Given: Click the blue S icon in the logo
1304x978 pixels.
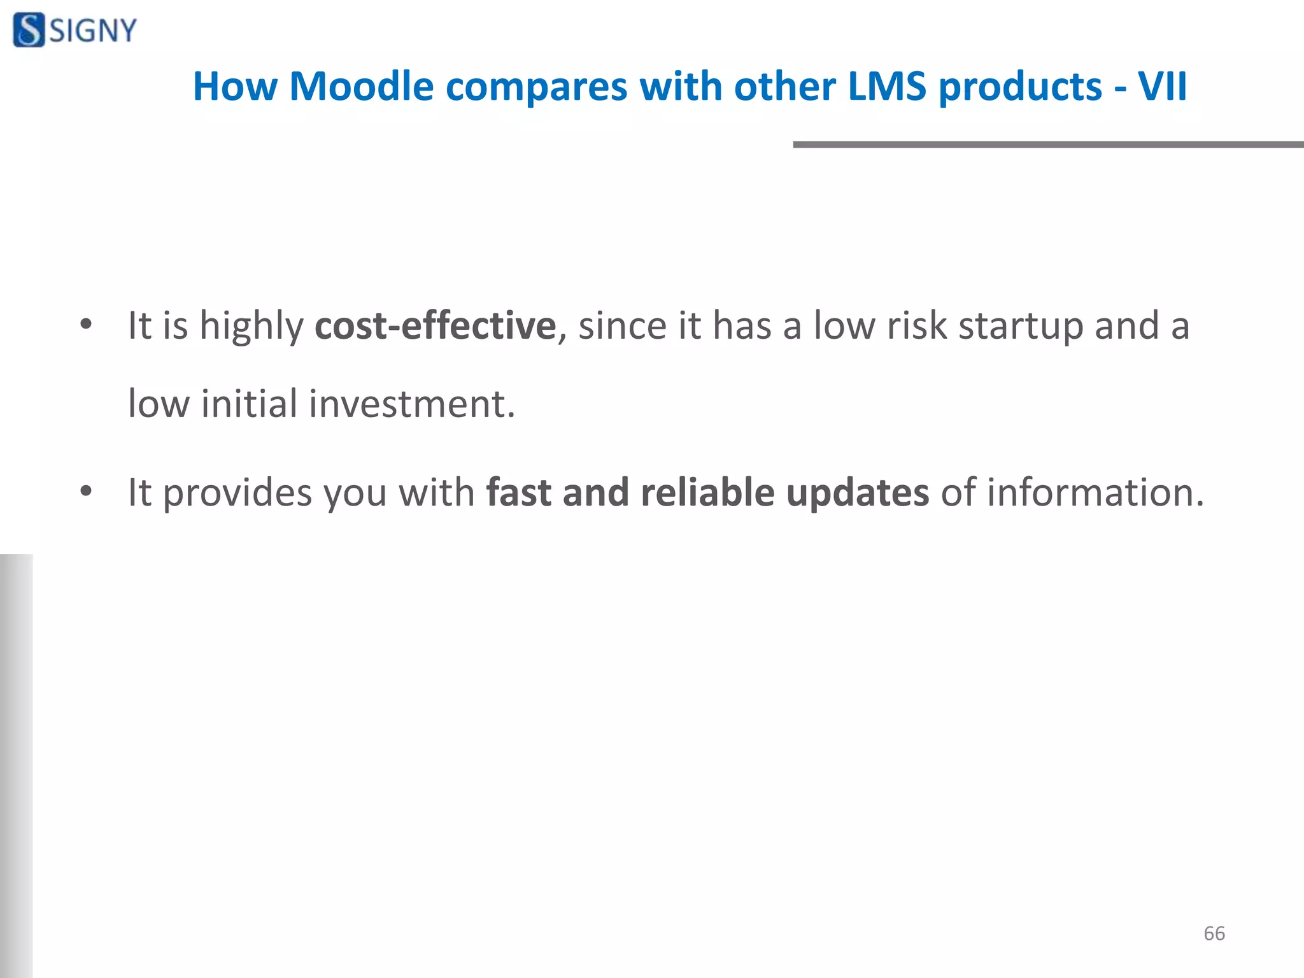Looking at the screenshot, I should (x=29, y=30).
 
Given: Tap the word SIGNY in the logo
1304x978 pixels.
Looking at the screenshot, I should (x=93, y=31).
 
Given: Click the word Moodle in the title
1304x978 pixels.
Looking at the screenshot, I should (x=362, y=86).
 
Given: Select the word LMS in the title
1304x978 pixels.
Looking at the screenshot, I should (x=887, y=86).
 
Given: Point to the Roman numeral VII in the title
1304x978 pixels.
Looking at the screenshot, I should (x=1162, y=86).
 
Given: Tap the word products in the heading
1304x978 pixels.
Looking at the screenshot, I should (x=1021, y=87).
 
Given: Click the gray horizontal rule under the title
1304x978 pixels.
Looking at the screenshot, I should (x=1048, y=145).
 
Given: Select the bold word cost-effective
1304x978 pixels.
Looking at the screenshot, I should (x=436, y=325).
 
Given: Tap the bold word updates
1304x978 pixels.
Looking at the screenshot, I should (x=858, y=493).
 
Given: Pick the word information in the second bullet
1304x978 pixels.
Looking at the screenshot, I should (x=1095, y=492).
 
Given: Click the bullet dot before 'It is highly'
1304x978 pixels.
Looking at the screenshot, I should (x=86, y=325).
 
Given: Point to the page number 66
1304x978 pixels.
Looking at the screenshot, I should (x=1214, y=933).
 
